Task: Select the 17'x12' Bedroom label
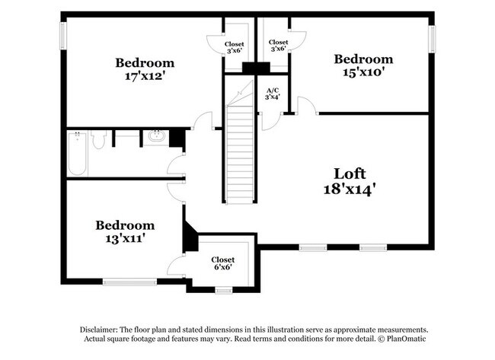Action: pos(144,63)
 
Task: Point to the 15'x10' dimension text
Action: pos(363,74)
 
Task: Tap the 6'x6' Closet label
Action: pos(223,264)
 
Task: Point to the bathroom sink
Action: pos(156,137)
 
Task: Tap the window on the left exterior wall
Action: pos(63,36)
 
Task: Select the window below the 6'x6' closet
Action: pos(223,290)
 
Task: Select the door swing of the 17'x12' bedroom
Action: pos(203,120)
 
